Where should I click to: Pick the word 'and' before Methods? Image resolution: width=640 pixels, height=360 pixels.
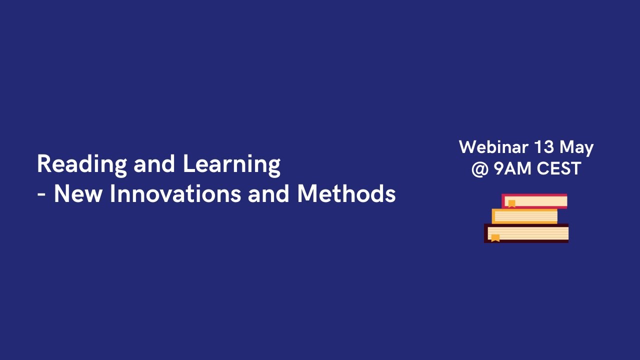click(268, 194)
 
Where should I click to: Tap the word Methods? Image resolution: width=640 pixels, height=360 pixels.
click(346, 194)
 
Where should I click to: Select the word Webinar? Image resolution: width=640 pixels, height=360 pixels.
click(493, 147)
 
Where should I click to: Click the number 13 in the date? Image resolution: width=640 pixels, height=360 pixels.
click(543, 147)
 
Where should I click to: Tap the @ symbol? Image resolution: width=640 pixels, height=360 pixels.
click(479, 168)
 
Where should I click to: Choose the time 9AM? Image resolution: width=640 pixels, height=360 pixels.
click(512, 168)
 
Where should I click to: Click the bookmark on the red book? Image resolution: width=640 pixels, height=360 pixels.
click(511, 203)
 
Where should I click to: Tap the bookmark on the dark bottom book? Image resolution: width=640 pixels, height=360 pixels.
click(495, 237)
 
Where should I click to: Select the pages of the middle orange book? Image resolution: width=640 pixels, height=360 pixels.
click(526, 216)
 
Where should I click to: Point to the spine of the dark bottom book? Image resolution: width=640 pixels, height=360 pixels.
click(485, 233)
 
